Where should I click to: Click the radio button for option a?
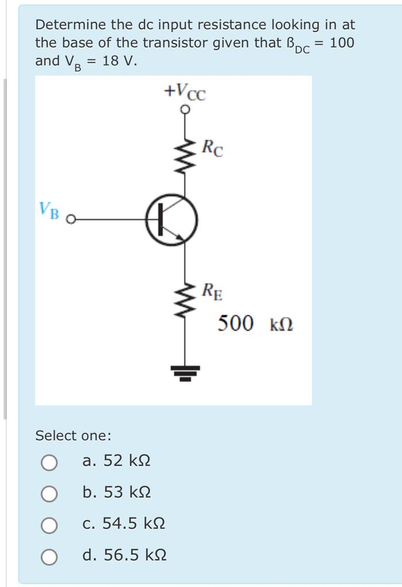[49, 462]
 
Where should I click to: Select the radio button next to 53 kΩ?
[49, 494]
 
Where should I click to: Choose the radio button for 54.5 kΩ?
[49, 525]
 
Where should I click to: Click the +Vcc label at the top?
[184, 91]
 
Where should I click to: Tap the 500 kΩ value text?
[255, 324]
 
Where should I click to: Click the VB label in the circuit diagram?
[49, 210]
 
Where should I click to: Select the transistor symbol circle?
[171, 220]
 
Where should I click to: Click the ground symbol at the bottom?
[184, 372]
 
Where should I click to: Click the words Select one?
[73, 436]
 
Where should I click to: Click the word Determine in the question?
[71, 25]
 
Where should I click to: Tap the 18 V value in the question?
[120, 60]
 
